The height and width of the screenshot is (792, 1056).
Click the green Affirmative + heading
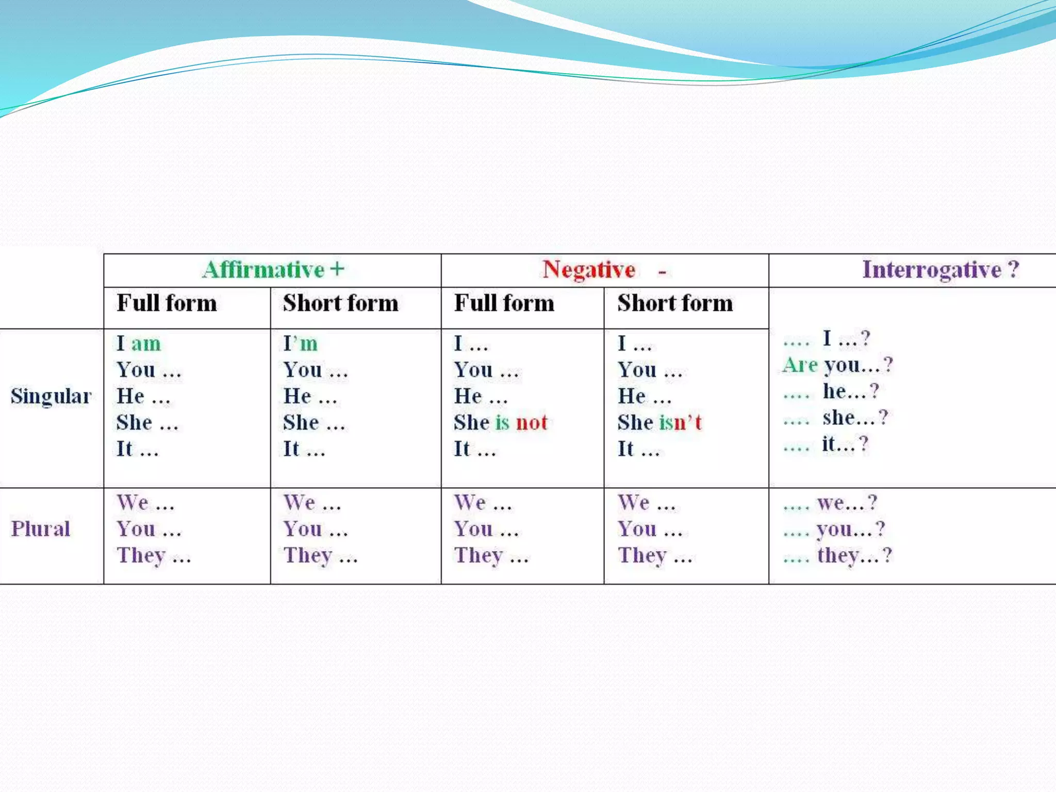(273, 270)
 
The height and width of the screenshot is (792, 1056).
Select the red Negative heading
(589, 270)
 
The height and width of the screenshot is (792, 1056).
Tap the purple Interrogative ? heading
(940, 270)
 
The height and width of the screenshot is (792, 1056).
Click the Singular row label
(51, 396)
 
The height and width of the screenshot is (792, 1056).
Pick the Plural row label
(41, 529)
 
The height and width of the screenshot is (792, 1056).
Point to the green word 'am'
(146, 343)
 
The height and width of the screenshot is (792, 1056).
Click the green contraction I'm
(301, 343)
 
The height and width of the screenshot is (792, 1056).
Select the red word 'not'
(532, 422)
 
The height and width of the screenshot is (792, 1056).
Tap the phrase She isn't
(659, 422)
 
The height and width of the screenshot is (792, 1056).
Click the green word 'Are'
(800, 365)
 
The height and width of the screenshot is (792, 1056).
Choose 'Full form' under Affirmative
(167, 303)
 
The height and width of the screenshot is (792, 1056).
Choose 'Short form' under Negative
(675, 303)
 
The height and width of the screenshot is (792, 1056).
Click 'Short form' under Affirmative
(340, 303)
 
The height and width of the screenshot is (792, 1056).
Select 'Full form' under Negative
(504, 303)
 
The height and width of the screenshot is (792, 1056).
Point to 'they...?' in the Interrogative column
(854, 555)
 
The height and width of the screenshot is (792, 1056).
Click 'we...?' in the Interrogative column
(847, 502)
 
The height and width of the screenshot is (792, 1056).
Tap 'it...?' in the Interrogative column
(845, 444)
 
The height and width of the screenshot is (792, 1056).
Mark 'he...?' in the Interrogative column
(850, 391)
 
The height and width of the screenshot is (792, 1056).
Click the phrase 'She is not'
(500, 422)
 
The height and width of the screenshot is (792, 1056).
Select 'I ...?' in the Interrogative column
(846, 339)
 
